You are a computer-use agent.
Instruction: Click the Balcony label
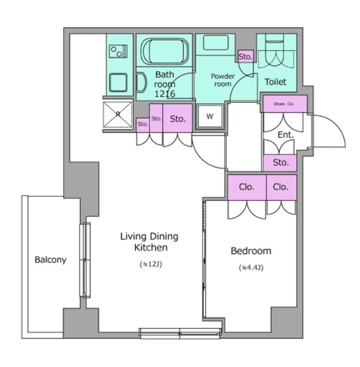pyautogui.click(x=50, y=260)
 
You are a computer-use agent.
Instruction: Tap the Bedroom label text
pyautogui.click(x=251, y=251)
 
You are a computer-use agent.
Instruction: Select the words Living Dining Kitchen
pyautogui.click(x=149, y=242)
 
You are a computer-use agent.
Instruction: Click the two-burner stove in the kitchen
pyautogui.click(x=119, y=52)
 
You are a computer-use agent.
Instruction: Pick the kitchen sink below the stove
pyautogui.click(x=118, y=82)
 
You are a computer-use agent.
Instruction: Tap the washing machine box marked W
pyautogui.click(x=210, y=117)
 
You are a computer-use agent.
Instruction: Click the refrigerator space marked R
pyautogui.click(x=118, y=114)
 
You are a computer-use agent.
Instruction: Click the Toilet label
pyautogui.click(x=275, y=82)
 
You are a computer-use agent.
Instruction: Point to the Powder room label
pyautogui.click(x=223, y=80)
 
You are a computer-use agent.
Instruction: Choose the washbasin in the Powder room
pyautogui.click(x=216, y=42)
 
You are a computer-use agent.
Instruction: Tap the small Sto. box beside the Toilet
pyautogui.click(x=246, y=56)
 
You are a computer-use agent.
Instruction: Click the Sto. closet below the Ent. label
pyautogui.click(x=280, y=162)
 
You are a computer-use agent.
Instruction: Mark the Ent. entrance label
pyautogui.click(x=285, y=135)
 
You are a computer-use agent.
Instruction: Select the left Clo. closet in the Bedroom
pyautogui.click(x=247, y=187)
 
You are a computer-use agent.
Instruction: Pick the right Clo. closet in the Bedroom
pyautogui.click(x=281, y=187)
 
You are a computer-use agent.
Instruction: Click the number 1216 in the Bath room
pyautogui.click(x=165, y=94)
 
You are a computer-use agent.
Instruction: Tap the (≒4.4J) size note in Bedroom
pyautogui.click(x=251, y=267)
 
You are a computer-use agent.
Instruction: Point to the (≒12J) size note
pyautogui.click(x=151, y=264)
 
